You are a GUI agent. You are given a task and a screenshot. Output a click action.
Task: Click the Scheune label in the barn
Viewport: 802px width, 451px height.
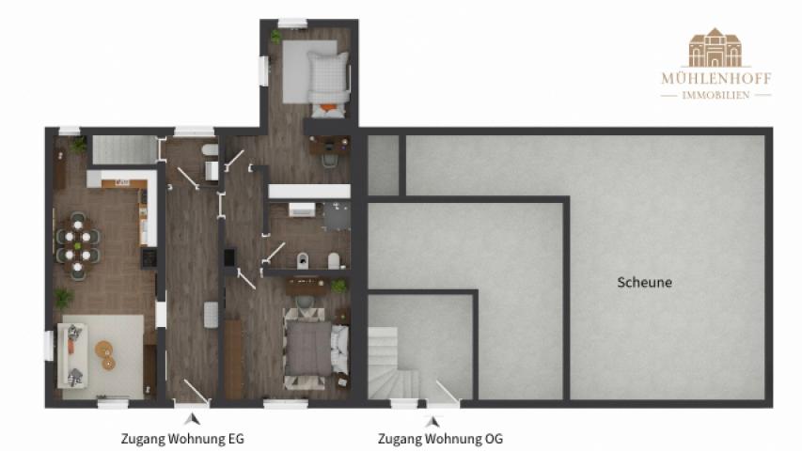click(644, 282)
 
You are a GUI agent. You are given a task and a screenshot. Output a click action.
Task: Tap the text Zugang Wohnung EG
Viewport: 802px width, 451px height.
click(182, 439)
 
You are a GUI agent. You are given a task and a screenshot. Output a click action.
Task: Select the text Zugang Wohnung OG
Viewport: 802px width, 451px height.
click(440, 439)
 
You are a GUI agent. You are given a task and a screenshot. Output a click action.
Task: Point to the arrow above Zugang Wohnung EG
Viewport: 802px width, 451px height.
click(193, 419)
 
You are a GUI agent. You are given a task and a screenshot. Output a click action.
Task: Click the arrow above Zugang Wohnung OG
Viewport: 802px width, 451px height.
click(432, 421)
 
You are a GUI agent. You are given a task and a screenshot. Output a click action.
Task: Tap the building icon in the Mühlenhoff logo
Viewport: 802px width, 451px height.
click(716, 48)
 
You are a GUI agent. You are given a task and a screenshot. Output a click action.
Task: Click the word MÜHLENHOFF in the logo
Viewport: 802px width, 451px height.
click(716, 79)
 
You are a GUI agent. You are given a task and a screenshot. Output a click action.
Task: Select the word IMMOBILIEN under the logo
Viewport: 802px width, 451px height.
click(716, 95)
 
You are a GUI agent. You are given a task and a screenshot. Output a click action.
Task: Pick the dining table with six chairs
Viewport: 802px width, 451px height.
click(78, 245)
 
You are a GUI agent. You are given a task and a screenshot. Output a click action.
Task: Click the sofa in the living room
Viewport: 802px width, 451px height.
click(71, 355)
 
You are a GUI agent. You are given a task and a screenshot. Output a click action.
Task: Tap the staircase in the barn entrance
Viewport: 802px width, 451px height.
click(391, 363)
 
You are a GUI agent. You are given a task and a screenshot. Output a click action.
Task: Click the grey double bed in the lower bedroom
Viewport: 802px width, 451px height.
click(316, 349)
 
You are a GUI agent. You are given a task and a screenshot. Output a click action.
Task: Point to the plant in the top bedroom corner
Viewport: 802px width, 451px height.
click(275, 37)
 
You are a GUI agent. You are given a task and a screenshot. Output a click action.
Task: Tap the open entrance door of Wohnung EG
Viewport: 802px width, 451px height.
click(197, 393)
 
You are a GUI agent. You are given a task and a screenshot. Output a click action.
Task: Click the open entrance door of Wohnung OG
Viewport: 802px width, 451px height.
click(447, 393)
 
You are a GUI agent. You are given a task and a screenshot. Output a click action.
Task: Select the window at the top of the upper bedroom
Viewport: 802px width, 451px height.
click(292, 23)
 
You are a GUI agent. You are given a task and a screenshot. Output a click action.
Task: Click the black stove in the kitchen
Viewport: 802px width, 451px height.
click(149, 257)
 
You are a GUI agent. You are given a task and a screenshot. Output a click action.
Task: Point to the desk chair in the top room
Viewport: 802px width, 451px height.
click(330, 160)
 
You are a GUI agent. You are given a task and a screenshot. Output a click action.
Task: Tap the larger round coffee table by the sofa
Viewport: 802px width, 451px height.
click(103, 350)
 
